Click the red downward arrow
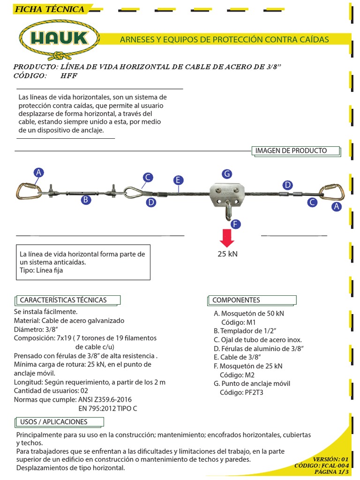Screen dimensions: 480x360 227,238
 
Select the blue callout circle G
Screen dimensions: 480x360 227,174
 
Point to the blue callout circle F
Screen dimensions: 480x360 236,224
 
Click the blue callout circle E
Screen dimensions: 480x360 177,180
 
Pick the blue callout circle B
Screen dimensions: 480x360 86,200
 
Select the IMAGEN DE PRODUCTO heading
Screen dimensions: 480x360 291,151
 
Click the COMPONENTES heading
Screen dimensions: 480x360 236,300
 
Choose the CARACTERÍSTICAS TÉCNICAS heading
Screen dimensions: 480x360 63,300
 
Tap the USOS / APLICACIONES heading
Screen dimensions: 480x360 53,422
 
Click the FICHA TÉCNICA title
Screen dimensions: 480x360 49,9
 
